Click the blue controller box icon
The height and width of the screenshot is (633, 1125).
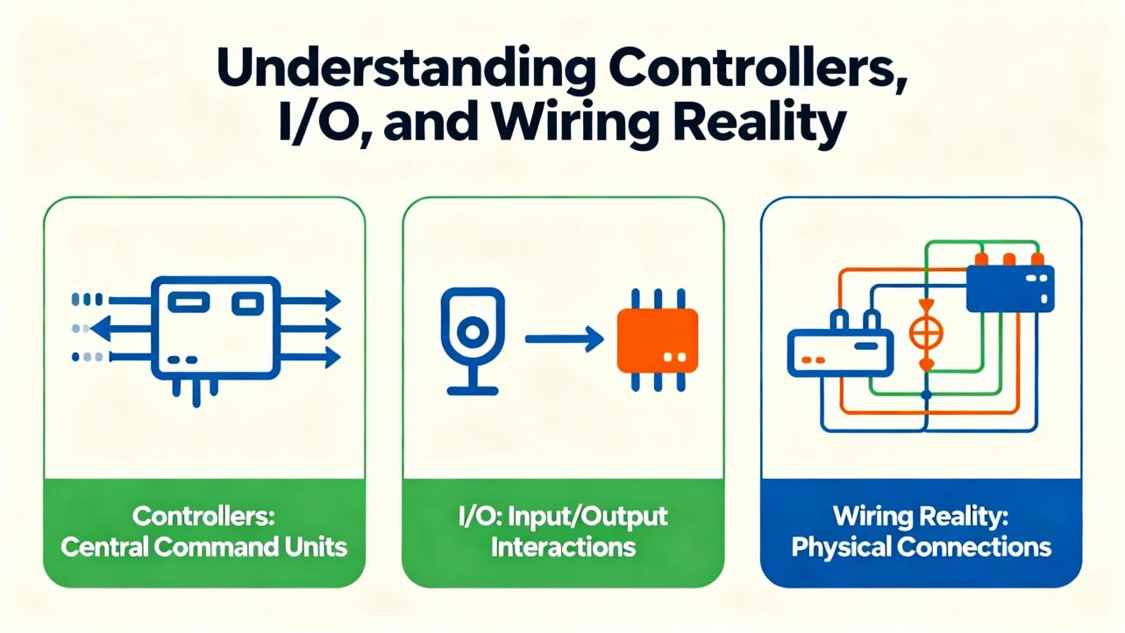[215, 329]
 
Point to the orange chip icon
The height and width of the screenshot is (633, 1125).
[658, 340]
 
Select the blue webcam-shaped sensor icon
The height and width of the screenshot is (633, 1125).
[472, 338]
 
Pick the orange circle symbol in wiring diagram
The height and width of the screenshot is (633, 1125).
[926, 334]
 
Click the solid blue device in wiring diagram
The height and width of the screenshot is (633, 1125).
[1009, 288]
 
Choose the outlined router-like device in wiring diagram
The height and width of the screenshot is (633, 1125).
[839, 352]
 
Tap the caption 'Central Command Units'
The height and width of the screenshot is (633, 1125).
[203, 548]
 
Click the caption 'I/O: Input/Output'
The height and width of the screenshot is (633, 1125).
[563, 516]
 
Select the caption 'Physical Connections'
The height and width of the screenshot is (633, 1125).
[921, 548]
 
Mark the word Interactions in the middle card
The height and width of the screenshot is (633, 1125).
[563, 548]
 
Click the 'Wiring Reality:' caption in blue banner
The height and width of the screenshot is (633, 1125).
[921, 516]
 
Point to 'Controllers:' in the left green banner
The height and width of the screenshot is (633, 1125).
[203, 516]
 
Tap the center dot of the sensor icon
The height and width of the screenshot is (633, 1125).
[473, 331]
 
